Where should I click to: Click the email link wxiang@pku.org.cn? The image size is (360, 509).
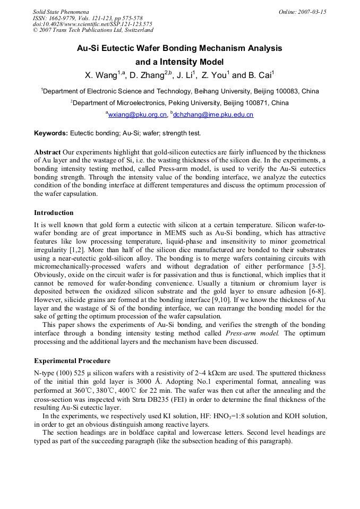point(138,114)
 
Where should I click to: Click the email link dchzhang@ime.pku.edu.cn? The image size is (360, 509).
point(213,114)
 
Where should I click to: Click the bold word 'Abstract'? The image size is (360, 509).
point(47,152)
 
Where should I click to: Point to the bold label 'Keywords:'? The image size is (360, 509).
point(51,133)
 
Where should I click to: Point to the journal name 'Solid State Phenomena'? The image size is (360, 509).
point(61,12)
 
